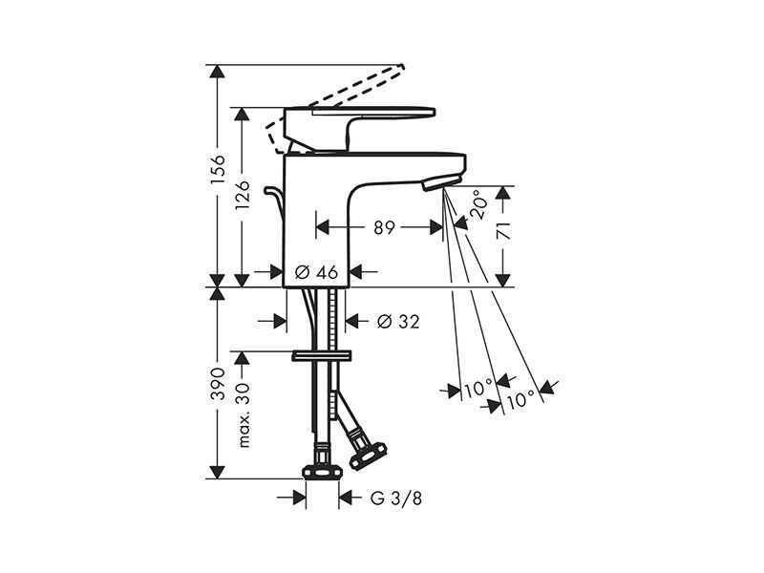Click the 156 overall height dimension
click(x=218, y=169)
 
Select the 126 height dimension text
click(x=243, y=195)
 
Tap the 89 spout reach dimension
click(x=385, y=227)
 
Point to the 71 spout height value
click(x=504, y=230)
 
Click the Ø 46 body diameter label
click(x=317, y=272)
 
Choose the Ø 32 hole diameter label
click(x=398, y=321)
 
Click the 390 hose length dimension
click(x=218, y=384)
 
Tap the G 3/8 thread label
click(x=396, y=498)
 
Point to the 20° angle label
click(x=478, y=204)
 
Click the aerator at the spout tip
click(x=441, y=183)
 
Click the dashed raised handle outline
click(x=336, y=105)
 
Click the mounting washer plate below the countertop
click(x=322, y=355)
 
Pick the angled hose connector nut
click(x=369, y=455)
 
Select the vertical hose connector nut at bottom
click(x=322, y=471)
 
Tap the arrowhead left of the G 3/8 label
click(x=299, y=498)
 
